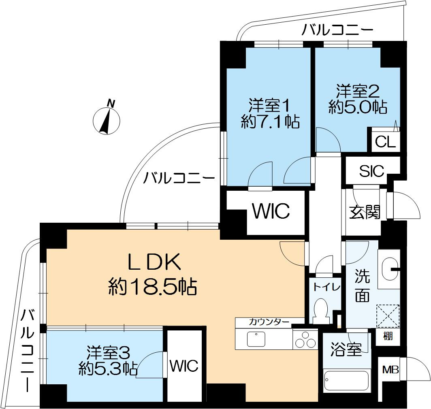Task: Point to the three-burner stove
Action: pos(306,339)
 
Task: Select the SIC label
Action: pos(371,171)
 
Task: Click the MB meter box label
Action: pos(390,370)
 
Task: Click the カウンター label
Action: pos(269,322)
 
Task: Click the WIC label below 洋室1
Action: pos(271,211)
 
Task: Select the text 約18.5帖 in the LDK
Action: pos(152,288)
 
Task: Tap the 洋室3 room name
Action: pos(108,352)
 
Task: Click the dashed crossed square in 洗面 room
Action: pos(388,315)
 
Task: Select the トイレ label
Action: pos(326,287)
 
